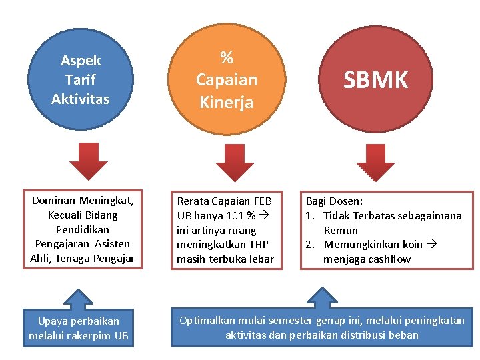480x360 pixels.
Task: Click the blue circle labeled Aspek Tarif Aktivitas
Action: [80, 80]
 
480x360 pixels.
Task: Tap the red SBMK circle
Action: [375, 80]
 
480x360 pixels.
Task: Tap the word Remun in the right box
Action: [341, 230]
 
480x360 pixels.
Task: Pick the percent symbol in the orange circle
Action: [226, 57]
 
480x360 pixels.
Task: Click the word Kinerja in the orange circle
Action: [226, 103]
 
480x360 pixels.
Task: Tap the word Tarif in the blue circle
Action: [80, 80]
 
